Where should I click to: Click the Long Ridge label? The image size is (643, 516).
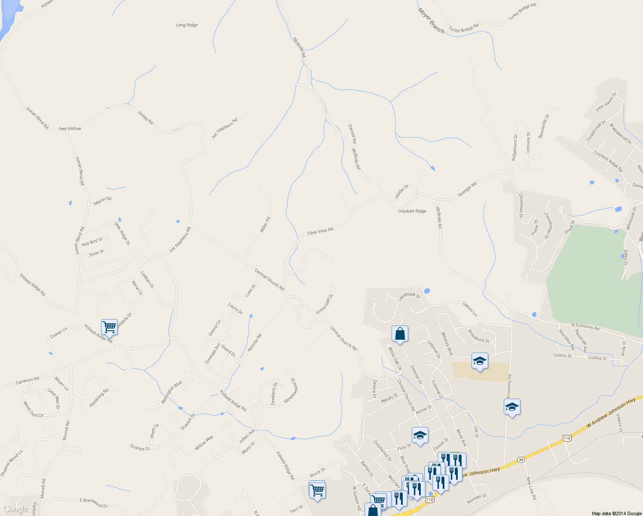click(187, 25)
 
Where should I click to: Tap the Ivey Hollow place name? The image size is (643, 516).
click(70, 129)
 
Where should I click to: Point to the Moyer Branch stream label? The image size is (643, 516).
click(431, 20)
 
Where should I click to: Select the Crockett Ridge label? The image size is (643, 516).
click(412, 211)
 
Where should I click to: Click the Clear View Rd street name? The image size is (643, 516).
click(320, 232)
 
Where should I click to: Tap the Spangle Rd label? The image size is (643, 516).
click(467, 190)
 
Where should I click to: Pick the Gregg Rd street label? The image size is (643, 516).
click(146, 118)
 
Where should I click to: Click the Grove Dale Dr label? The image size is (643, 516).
click(325, 304)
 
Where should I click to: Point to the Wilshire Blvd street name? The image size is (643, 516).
click(447, 344)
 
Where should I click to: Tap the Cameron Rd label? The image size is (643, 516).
click(27, 381)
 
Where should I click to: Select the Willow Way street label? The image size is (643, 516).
click(204, 443)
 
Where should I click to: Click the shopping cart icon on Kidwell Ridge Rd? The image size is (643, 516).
click(109, 327)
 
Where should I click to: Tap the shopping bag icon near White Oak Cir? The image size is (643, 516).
click(400, 333)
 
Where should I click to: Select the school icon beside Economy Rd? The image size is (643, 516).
click(512, 407)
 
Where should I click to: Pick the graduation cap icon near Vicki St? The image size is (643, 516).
click(420, 435)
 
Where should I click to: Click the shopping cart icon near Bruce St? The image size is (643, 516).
click(317, 489)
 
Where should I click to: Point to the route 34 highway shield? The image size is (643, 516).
click(521, 459)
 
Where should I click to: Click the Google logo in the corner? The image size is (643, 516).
click(15, 510)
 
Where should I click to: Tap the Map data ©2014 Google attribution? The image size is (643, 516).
click(616, 513)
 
